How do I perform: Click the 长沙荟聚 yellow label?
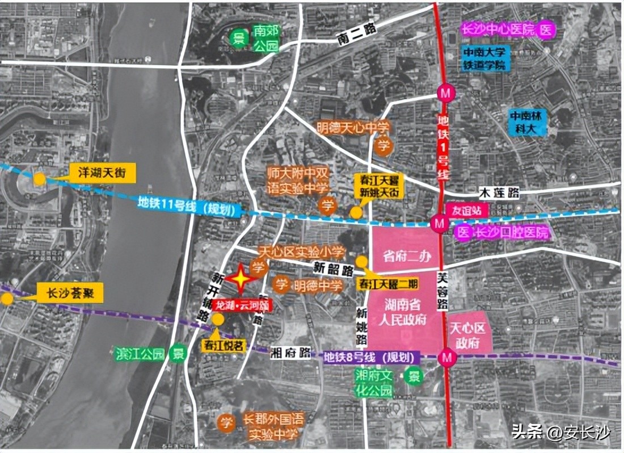[x=70, y=293]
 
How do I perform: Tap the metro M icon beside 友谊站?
[x=439, y=223]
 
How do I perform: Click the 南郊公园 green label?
[x=266, y=37]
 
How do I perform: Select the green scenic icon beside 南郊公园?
[x=239, y=39]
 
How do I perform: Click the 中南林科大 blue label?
[x=527, y=122]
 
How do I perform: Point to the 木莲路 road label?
[x=499, y=193]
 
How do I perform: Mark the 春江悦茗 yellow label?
[x=224, y=345]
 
